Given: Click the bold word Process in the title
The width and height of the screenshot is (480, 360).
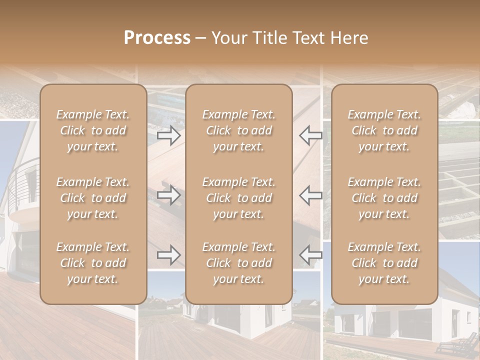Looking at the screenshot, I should click(157, 37).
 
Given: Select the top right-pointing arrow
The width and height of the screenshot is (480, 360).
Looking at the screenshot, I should click(168, 135).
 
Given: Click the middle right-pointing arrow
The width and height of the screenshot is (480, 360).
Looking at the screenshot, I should click(168, 195).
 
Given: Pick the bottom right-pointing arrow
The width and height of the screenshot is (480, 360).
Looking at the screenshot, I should click(168, 255).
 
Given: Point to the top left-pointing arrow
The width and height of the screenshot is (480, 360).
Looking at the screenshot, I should click(310, 135).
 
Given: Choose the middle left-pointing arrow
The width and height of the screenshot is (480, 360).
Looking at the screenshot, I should click(310, 195).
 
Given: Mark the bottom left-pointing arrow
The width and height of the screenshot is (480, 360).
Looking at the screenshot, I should click(310, 255).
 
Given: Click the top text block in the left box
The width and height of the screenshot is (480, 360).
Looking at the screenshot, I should click(93, 130).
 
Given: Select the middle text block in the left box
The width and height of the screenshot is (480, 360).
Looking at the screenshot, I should click(93, 198).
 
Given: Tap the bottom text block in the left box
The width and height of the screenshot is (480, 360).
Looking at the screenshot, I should click(93, 263).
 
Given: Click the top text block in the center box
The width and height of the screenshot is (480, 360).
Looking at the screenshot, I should click(238, 130).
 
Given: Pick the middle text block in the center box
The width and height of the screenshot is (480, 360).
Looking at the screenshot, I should click(238, 198).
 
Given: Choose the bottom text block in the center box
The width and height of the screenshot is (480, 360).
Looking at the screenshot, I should click(238, 263).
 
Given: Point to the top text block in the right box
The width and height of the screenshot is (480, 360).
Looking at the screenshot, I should click(384, 130).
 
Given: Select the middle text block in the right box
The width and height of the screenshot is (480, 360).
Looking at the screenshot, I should click(384, 198).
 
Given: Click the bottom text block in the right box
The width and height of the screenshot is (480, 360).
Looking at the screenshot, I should click(384, 263).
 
